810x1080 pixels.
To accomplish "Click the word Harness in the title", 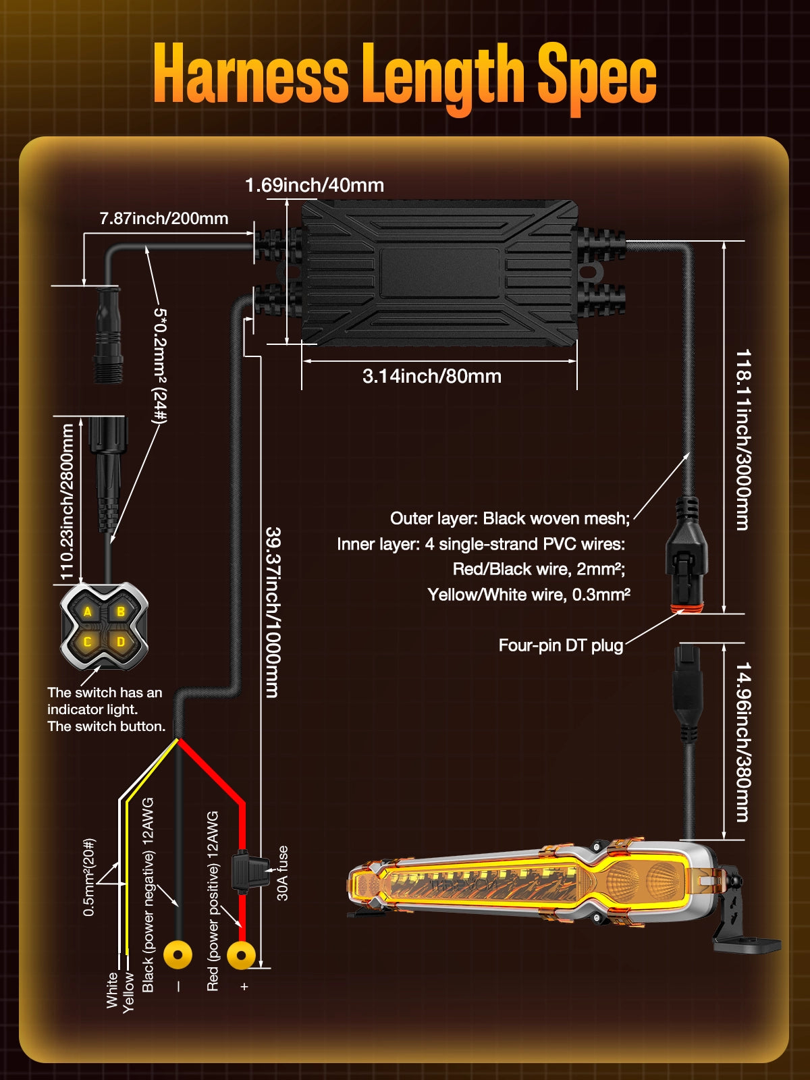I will tap(250, 74).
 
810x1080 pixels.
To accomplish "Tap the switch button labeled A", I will tap(88, 612).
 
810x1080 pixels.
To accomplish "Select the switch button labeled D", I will tap(121, 642).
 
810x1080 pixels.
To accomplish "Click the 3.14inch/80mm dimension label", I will tap(432, 376).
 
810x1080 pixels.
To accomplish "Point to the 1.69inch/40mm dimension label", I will tap(315, 185).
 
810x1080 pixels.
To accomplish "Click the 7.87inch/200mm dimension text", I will tap(164, 218).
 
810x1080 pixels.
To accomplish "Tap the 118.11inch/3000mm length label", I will tap(742, 439).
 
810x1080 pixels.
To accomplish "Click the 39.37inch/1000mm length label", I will tap(272, 612).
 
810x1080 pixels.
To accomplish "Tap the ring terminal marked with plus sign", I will tap(241, 955).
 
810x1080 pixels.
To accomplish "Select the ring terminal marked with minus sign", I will tap(178, 955).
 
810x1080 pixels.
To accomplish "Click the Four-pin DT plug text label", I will tap(560, 645).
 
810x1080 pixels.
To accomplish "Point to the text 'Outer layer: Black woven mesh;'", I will tap(510, 518).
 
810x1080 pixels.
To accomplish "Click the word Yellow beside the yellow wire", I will tap(128, 992).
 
